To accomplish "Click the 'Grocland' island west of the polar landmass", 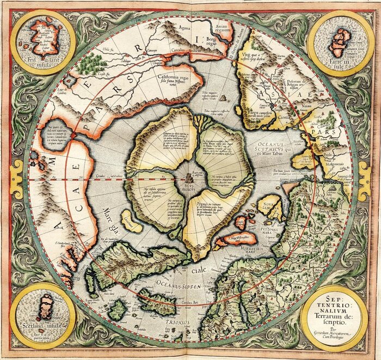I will pos(128,223).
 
